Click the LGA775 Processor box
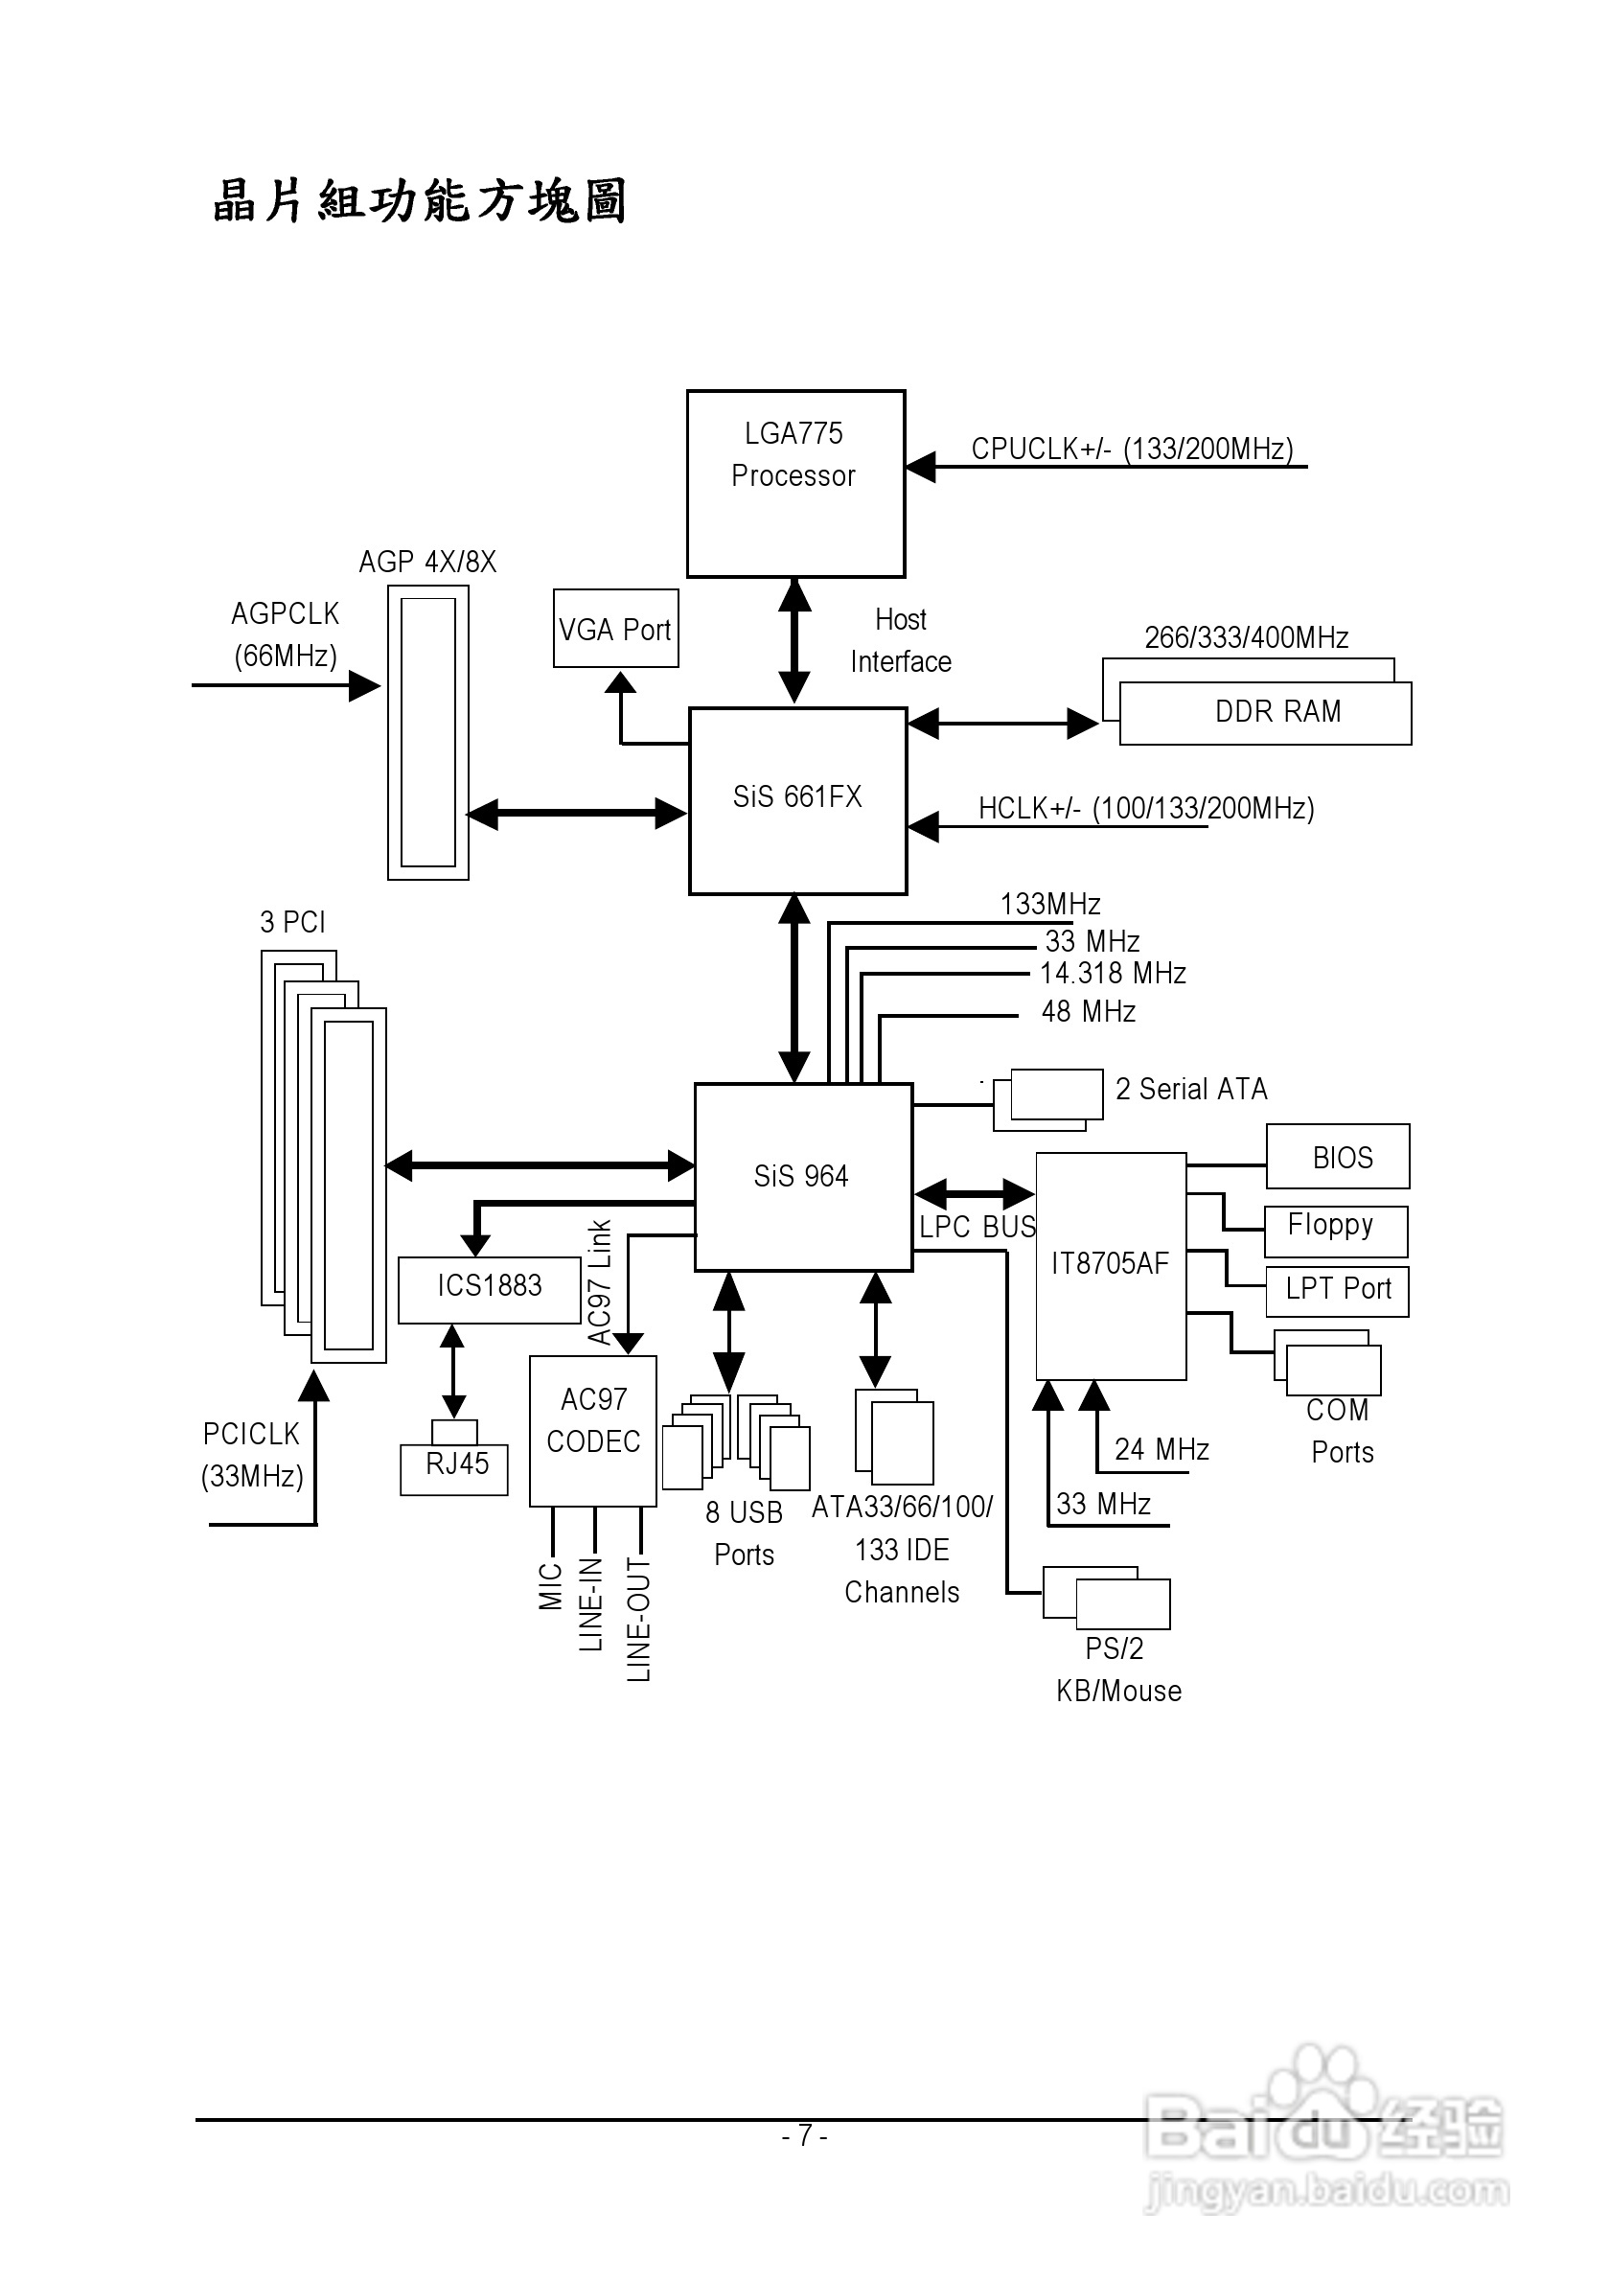pyautogui.click(x=795, y=484)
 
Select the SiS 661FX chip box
pyautogui.click(x=797, y=799)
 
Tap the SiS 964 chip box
pyautogui.click(x=802, y=1176)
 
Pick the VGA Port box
pyautogui.click(x=616, y=629)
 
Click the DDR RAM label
pyautogui.click(x=1277, y=711)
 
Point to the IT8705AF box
pyautogui.click(x=1111, y=1265)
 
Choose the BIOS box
pyautogui.click(x=1338, y=1158)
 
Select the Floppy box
pyautogui.click(x=1336, y=1230)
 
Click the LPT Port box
pyautogui.click(x=1337, y=1291)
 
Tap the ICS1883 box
pyautogui.click(x=490, y=1288)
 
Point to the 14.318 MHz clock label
pyautogui.click(x=1113, y=974)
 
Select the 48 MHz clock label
pyautogui.click(x=1088, y=1012)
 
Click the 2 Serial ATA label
pyautogui.click(x=1191, y=1090)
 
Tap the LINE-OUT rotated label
pyautogui.click(x=638, y=1619)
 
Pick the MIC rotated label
pyautogui.click(x=551, y=1586)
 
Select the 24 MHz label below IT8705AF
pyautogui.click(x=1161, y=1449)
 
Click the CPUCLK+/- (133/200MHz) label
pyautogui.click(x=1131, y=449)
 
